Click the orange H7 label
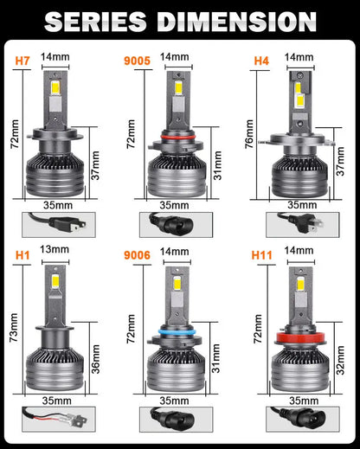[x=22, y=61]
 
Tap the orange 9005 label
[x=138, y=61]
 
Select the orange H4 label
[x=261, y=61]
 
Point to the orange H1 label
[x=22, y=255]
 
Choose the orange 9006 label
[x=138, y=255]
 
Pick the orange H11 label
[x=262, y=255]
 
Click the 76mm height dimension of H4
[x=249, y=134]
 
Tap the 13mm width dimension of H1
[x=55, y=249]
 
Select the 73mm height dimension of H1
[x=14, y=328]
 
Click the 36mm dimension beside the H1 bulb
[x=95, y=359]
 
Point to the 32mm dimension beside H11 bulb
[x=341, y=360]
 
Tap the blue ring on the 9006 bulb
[x=177, y=331]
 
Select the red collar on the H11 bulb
[x=301, y=337]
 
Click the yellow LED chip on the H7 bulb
[x=55, y=87]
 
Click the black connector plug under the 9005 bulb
[x=171, y=224]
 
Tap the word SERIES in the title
[x=95, y=22]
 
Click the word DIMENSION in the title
[x=237, y=22]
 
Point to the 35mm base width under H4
[x=302, y=205]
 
